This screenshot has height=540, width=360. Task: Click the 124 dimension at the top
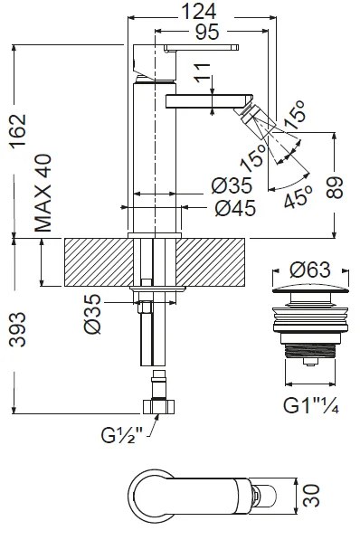(199, 12)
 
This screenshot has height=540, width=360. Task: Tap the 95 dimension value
(207, 32)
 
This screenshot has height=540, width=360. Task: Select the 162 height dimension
(18, 130)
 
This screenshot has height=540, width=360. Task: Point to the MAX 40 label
(43, 194)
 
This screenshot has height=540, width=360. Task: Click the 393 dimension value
(17, 329)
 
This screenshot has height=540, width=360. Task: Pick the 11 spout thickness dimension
(203, 73)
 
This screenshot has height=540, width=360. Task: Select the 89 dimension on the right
(335, 188)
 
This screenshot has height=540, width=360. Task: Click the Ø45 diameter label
(235, 208)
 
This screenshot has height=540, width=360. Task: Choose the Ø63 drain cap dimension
(310, 270)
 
